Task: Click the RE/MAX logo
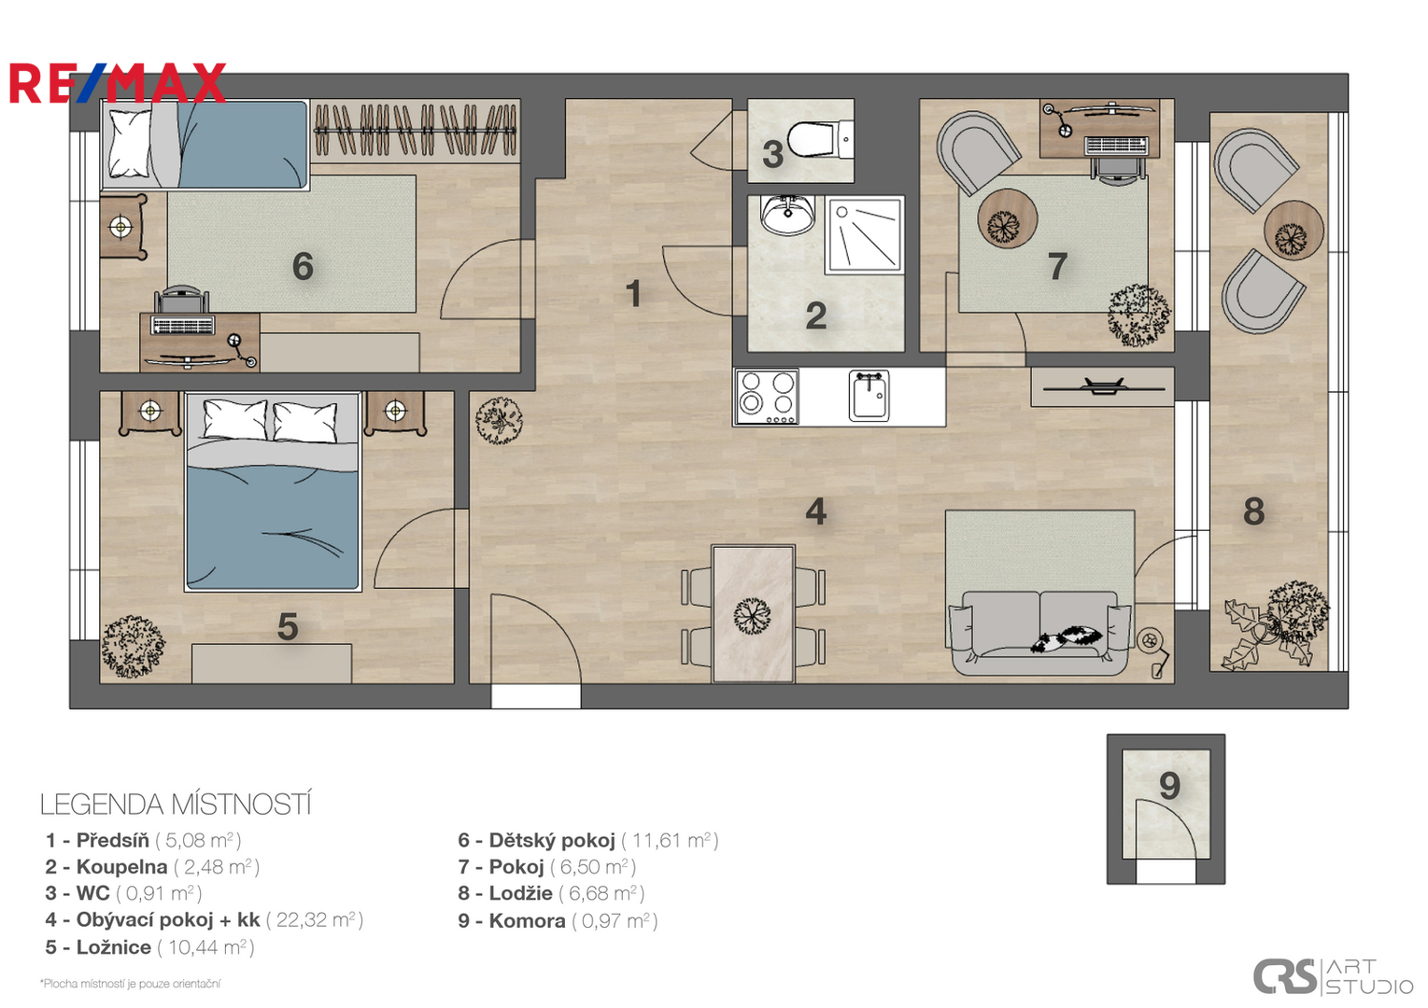(118, 83)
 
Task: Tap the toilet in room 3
(819, 138)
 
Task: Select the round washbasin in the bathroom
(787, 215)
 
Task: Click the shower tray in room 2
(865, 235)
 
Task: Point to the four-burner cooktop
(767, 397)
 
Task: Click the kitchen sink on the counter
(869, 396)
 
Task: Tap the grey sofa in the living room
(1040, 633)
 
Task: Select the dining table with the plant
(753, 613)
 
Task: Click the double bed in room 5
(272, 492)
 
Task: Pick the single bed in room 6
(205, 145)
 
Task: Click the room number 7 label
(1057, 266)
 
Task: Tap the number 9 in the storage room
(1169, 786)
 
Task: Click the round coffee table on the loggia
(1294, 230)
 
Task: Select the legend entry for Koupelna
(152, 867)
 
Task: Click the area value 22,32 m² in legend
(315, 920)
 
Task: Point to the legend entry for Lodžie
(551, 893)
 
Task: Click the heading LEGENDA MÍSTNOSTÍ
(176, 805)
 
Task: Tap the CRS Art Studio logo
(1333, 976)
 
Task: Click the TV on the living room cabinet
(1104, 386)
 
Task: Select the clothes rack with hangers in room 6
(415, 130)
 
